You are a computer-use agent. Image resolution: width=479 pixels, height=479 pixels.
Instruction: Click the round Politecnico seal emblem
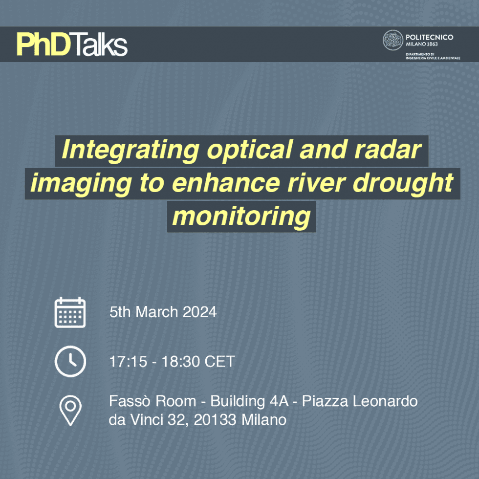(392, 40)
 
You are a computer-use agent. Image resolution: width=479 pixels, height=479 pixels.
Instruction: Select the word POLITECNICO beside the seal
(429, 37)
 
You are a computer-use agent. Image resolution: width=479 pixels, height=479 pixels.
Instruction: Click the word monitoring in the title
(241, 216)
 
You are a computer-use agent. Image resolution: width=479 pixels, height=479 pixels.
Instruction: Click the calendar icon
(70, 312)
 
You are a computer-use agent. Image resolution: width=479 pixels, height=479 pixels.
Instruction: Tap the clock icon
(70, 362)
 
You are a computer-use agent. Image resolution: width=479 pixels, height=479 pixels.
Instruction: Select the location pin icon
(70, 410)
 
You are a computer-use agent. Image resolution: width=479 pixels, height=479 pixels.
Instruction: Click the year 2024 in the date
(199, 312)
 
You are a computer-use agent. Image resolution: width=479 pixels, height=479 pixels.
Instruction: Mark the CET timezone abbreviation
(220, 362)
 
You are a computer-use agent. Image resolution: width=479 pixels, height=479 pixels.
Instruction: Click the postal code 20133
(216, 419)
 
